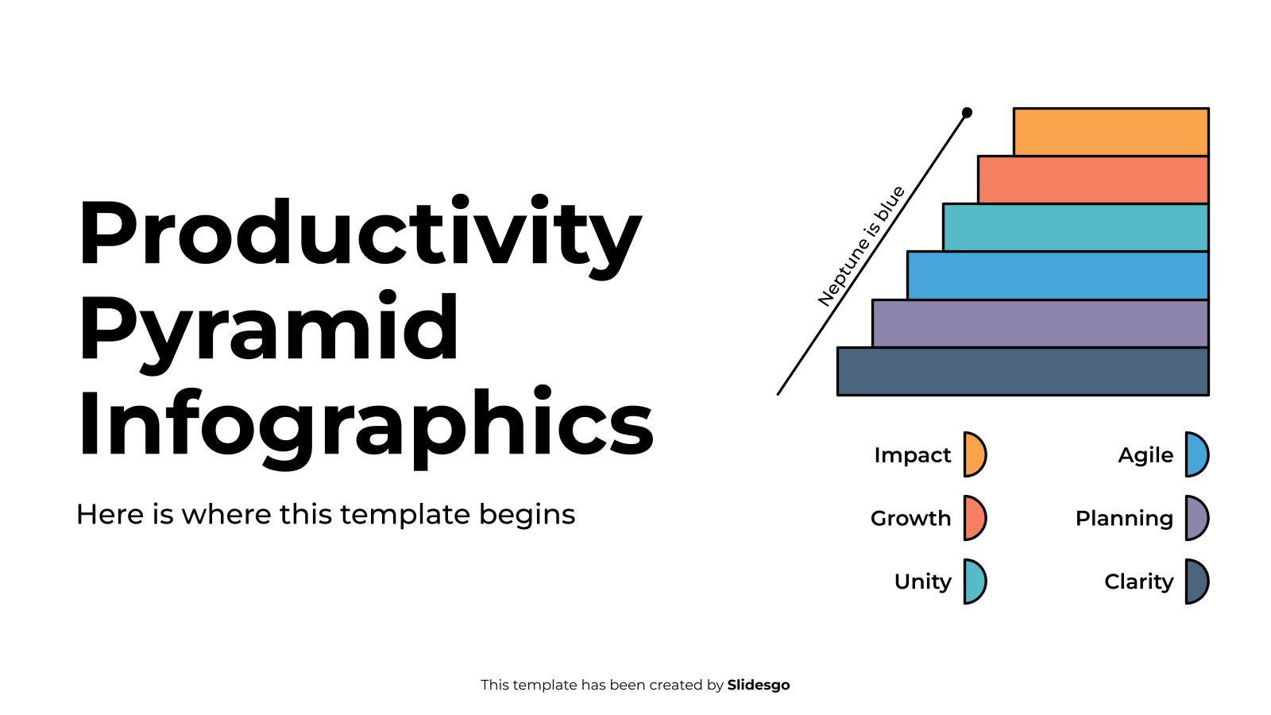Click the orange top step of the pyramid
pos(1111,132)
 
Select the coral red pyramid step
pos(1093,180)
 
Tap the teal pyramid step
pos(1076,227)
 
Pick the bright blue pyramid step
pos(1057,276)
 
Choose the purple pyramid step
pos(1040,323)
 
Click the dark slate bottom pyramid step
pos(1022,371)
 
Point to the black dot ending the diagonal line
pos(967,113)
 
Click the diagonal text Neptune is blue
pos(861,246)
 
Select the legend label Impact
pos(912,455)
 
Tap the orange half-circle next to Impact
pos(974,454)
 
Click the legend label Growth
pos(910,519)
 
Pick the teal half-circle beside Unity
pos(974,582)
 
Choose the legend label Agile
pos(1145,455)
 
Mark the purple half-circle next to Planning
pos(1196,518)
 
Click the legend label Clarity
pos(1138,582)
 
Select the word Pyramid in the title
pos(268,330)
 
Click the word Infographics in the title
pos(365,423)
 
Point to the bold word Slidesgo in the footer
pos(759,685)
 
